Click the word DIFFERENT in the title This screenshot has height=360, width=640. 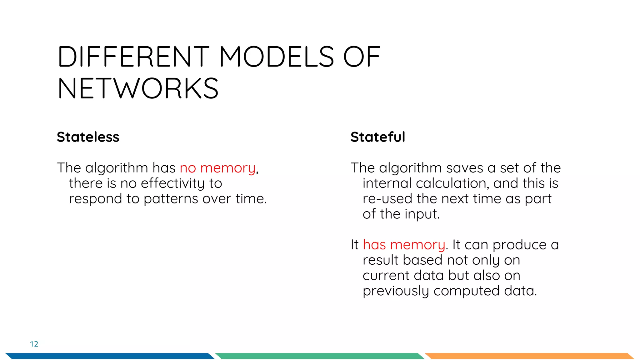(x=133, y=57)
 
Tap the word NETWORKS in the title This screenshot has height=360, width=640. (x=138, y=89)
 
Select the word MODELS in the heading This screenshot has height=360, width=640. (x=277, y=57)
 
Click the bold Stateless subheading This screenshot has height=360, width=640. (x=88, y=137)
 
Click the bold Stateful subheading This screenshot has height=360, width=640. (x=377, y=137)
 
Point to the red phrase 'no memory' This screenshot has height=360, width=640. (x=217, y=168)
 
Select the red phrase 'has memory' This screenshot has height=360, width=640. (x=404, y=245)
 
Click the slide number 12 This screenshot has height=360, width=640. (x=34, y=344)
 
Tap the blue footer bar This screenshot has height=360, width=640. (x=109, y=356)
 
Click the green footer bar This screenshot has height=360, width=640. (x=319, y=356)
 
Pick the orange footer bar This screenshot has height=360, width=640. (x=529, y=356)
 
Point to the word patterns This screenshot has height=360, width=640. (x=171, y=199)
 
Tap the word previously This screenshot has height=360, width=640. (x=396, y=291)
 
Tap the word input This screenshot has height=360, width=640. (x=422, y=214)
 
